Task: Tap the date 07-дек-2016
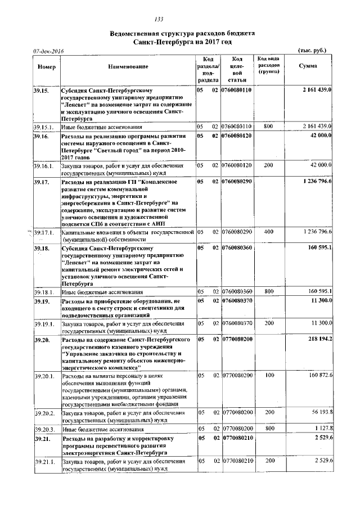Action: pos(48,52)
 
